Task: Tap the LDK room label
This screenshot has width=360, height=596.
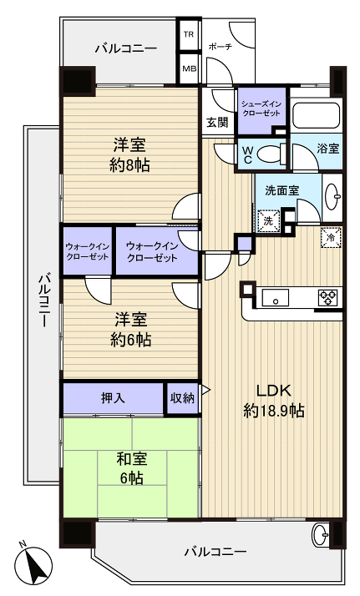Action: click(273, 400)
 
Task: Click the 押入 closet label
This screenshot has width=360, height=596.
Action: click(114, 398)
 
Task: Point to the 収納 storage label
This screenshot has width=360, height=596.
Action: click(183, 398)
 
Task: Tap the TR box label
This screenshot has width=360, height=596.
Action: click(190, 36)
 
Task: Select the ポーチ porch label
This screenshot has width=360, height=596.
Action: click(221, 47)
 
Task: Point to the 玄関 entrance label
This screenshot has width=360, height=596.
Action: click(217, 122)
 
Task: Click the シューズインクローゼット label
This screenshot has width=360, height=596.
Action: click(261, 108)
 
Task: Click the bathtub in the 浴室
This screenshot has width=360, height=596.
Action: click(315, 115)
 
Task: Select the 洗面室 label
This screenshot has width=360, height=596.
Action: click(282, 190)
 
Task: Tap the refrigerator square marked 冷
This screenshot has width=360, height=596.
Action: click(332, 236)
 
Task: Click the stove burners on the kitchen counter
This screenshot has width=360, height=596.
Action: click(327, 296)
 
